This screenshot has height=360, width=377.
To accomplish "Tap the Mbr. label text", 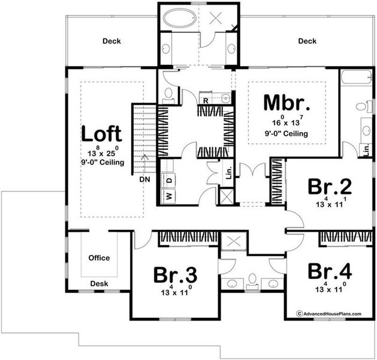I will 286,103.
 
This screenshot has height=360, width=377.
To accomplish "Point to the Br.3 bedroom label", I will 175,275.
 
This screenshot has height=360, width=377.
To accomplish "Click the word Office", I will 99,258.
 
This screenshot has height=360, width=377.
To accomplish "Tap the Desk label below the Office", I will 99,283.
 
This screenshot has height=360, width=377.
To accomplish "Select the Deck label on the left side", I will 111,41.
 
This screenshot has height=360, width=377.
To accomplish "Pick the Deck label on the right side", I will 306,41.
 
